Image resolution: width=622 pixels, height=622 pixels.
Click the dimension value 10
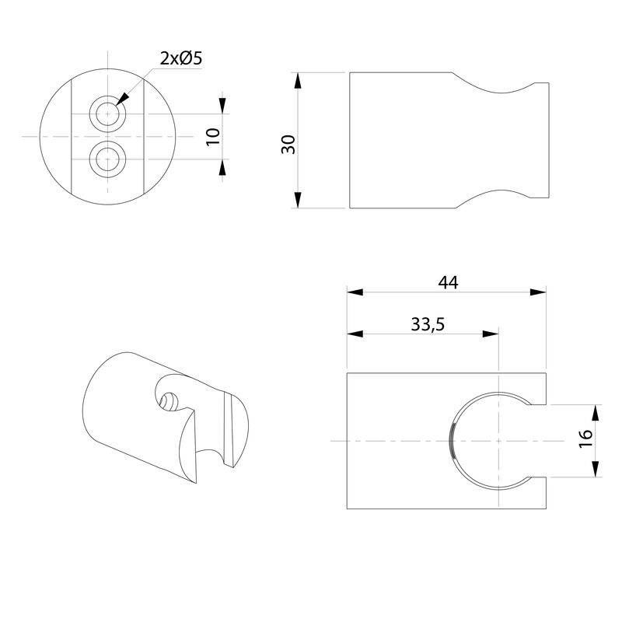coord(214,137)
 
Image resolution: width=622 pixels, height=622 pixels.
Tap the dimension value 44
coord(447,282)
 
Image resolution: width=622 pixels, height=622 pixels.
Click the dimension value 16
coord(585,440)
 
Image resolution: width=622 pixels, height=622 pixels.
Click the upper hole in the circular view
coord(107,114)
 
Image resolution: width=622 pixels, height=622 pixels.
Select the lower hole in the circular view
coord(107,160)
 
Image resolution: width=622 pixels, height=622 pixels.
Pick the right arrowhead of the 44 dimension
coord(538,292)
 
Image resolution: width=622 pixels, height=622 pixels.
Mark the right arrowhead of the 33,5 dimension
coord(490,334)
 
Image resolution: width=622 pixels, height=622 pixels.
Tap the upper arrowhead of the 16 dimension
coord(595,413)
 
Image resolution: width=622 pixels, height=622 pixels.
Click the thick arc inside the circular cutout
coord(454,440)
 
